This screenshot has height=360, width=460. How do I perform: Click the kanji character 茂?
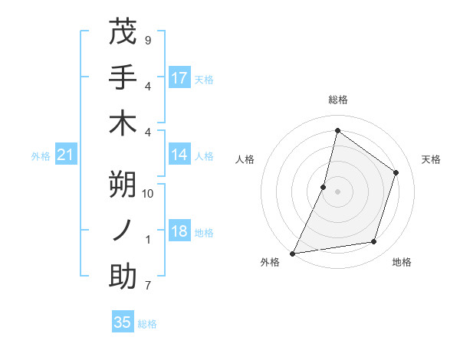pos(123,32)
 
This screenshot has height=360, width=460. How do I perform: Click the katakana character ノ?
pos(123,231)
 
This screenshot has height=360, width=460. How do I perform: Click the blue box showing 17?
pos(179,78)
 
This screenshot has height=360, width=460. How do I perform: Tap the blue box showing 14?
pos(179,155)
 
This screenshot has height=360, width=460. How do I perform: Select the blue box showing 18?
pos(179,232)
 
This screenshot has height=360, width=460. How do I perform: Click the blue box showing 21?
pos(66,155)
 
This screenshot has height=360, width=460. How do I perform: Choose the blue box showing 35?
pos(123,322)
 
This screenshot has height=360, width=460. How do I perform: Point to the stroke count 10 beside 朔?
pos(148,194)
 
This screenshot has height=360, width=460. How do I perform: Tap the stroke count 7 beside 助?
pos(147,286)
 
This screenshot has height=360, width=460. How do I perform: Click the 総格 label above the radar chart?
pos(337,100)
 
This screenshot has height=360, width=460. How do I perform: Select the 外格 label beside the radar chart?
pos(270,262)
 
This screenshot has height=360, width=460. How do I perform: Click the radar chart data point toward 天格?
pos(396,172)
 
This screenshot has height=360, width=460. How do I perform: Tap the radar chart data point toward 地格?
pos(374,242)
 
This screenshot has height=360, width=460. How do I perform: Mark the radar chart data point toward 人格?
pos(324,187)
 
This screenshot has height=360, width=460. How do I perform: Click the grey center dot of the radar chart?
pos(337,191)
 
